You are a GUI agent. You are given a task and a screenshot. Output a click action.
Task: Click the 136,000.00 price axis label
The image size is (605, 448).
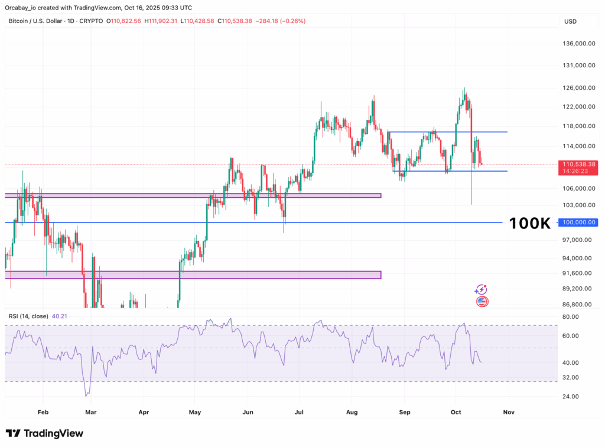coord(578,44)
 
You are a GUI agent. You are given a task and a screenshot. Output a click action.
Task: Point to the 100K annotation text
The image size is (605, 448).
coord(529,223)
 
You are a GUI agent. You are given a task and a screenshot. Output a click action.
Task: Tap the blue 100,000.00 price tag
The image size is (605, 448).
coord(579,223)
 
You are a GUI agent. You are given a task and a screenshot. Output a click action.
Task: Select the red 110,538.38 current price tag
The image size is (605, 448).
coord(579,164)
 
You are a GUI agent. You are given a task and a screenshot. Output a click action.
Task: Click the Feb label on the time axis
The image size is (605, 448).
coord(43,412)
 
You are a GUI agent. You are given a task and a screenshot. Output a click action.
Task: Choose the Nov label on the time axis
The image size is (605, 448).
coord(509,412)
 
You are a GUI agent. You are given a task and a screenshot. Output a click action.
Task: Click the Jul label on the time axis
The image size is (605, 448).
coord(300,412)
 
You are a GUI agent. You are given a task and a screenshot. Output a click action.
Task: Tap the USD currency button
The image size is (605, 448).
coord(571,22)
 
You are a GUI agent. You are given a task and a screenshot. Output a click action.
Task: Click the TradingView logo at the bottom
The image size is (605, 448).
coord(45,433)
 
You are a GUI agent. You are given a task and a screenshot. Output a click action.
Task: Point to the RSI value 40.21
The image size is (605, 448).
coord(60,316)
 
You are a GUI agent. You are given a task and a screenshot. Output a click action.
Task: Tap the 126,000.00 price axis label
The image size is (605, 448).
coord(578,88)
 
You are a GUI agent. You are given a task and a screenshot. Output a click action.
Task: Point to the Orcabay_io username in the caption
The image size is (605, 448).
coord(23,7)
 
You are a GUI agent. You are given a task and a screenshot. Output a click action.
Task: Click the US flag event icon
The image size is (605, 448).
coord(482,302)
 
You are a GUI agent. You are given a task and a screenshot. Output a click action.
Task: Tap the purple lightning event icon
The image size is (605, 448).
coord(481,290)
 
